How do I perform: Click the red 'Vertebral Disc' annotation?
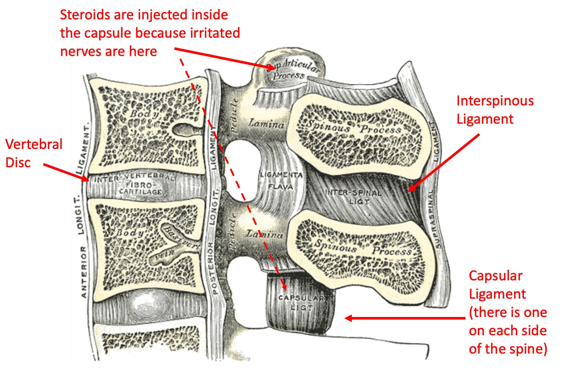[x=34, y=153]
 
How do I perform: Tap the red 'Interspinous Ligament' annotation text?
[x=495, y=110]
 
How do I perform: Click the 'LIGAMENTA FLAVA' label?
[x=281, y=180]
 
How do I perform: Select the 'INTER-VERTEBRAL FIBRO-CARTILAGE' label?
[x=134, y=185]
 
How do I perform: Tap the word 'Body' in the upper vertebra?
[x=145, y=114]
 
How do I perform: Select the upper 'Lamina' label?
[x=266, y=124]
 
